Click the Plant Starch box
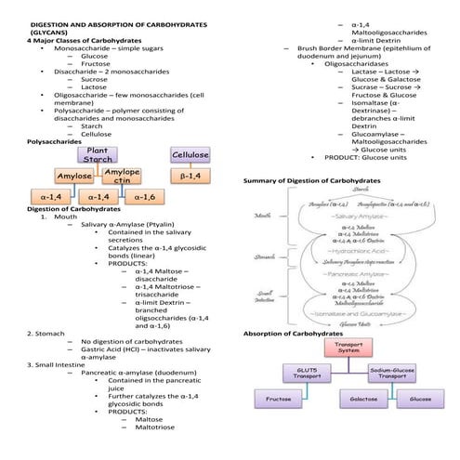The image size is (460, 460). (98, 154)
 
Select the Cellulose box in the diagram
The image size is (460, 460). (190, 154)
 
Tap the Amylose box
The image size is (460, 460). (74, 176)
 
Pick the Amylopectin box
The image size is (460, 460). (122, 176)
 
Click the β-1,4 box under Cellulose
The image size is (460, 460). (190, 176)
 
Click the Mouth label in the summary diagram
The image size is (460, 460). (261, 217)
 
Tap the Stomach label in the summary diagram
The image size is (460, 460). (263, 256)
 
